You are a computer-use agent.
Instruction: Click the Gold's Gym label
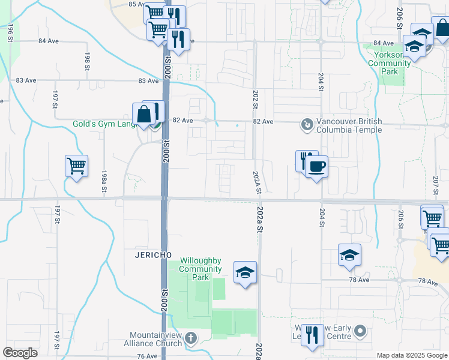point(100,124)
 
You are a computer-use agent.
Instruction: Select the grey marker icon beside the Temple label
point(307,125)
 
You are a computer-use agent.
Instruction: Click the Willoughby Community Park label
point(200,269)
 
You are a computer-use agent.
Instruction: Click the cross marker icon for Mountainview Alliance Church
point(191,338)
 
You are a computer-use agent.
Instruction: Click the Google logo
point(20,353)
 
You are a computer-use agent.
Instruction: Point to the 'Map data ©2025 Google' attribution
point(412,355)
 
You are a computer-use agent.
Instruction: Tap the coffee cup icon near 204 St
point(316,166)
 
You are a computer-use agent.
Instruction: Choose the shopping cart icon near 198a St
point(76,166)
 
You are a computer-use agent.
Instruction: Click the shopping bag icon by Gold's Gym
point(144,113)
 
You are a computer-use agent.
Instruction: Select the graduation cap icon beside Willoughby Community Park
point(245,272)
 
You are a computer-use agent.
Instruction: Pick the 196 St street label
point(11,32)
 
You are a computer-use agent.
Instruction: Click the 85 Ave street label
point(137,4)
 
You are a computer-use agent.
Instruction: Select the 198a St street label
point(104,181)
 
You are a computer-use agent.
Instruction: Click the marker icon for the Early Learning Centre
point(360,331)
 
